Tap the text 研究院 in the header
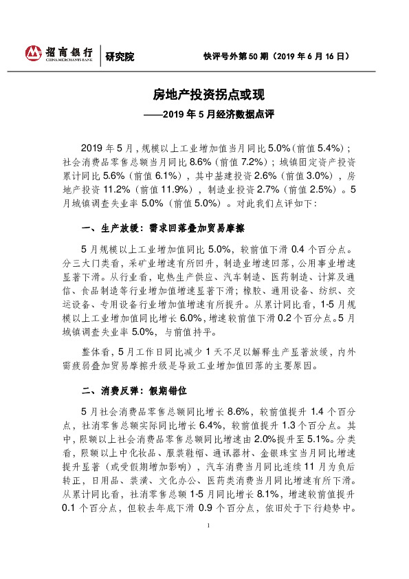click(120, 57)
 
